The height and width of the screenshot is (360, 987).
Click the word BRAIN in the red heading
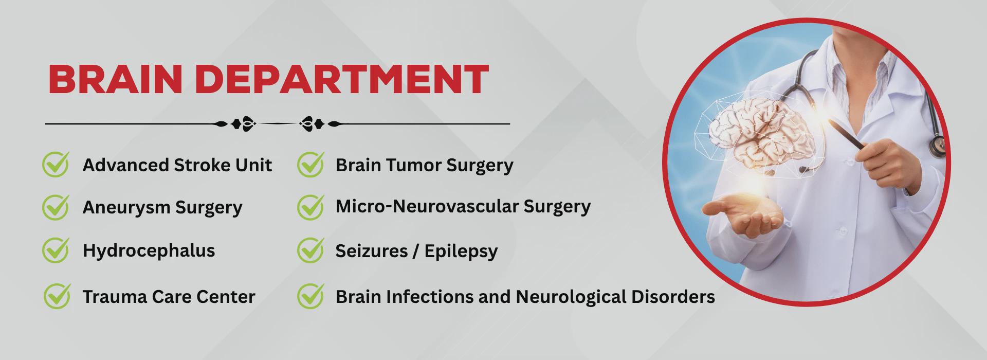[x=115, y=79]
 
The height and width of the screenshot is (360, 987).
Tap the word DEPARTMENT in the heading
[x=342, y=79]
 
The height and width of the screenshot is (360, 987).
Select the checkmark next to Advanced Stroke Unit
[x=56, y=164]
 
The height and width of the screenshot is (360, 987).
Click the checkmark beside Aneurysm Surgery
[x=56, y=207]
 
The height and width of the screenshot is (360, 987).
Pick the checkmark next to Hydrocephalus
[x=56, y=250]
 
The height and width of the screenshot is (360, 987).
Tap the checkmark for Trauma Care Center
[x=57, y=296]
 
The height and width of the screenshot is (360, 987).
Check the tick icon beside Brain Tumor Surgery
[x=310, y=164]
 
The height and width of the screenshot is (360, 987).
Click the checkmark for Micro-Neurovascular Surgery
[x=310, y=207]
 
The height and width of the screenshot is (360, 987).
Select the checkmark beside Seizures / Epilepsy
[x=310, y=250]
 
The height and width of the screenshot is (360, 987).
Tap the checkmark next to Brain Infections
[x=310, y=296]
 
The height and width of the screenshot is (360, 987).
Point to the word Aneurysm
[x=126, y=208]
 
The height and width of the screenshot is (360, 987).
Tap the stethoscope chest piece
[x=937, y=146]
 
